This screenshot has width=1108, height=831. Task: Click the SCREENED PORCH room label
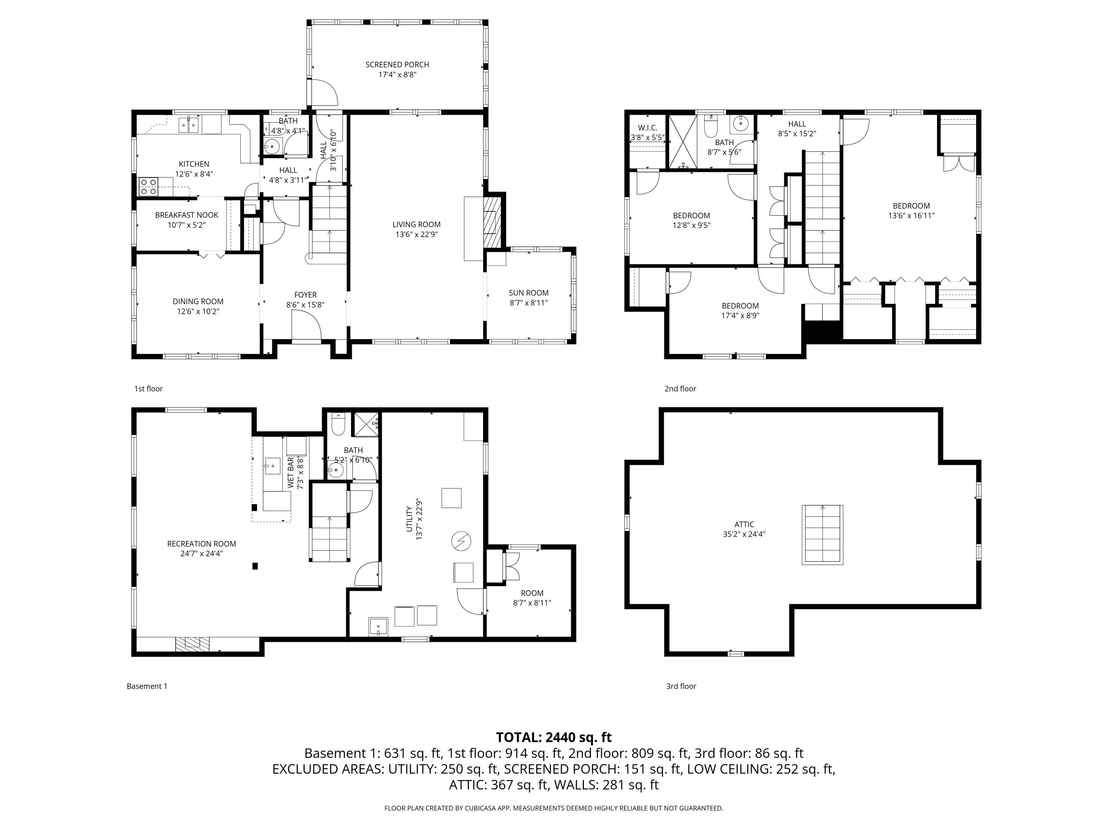[397, 65]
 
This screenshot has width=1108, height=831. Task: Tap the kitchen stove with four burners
[148, 187]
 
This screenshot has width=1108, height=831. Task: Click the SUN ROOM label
[529, 293]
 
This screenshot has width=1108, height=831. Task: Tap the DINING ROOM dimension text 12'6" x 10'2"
[198, 312]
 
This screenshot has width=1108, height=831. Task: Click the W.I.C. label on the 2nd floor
[647, 128]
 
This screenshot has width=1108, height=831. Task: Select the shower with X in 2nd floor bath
[683, 141]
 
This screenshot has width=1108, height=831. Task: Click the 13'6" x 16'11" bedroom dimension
[911, 216]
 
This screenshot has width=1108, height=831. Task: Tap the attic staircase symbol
[823, 535]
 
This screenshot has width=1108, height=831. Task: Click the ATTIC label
[744, 524]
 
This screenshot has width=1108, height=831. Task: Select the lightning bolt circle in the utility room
[461, 541]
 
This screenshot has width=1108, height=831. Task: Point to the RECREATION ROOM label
[201, 544]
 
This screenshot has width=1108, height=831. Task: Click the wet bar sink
[273, 465]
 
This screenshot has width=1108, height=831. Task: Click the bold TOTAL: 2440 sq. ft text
[554, 737]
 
